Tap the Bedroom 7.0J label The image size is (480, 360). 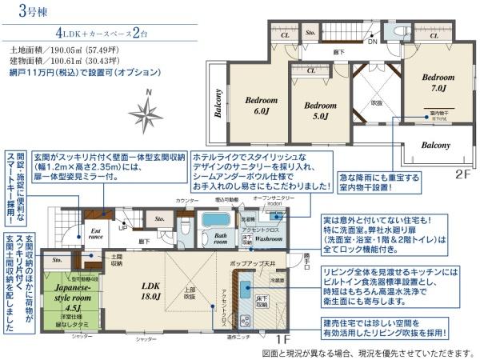pyautogui.click(x=438, y=82)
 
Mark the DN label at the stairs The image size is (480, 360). pyautogui.click(x=372, y=43)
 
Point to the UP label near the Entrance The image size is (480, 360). pyautogui.click(x=122, y=228)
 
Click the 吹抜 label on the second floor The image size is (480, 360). pyautogui.click(x=377, y=102)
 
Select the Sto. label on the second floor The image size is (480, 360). pyautogui.click(x=310, y=34)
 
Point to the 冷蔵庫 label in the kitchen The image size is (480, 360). pyautogui.click(x=278, y=281)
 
